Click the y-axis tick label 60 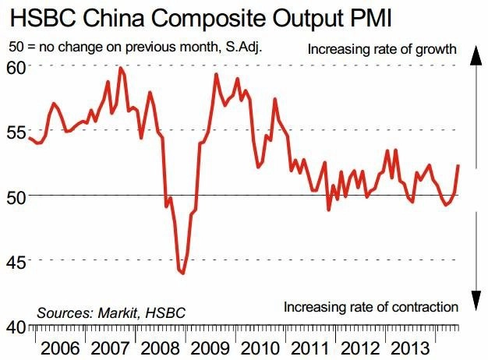coord(16,68)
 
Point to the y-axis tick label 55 coord(16,133)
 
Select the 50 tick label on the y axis coord(16,198)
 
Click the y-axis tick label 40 coord(16,327)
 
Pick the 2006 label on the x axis coord(60,348)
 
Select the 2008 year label coord(160,348)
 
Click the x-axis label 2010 coord(260,348)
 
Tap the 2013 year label coord(410,348)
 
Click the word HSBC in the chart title coord(43,18)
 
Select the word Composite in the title coord(208,19)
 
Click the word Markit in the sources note coord(118,312)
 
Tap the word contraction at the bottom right coord(425,307)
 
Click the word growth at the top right coord(436,50)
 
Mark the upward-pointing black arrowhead coord(476,55)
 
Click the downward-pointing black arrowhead coord(476,301)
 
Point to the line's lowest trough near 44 coord(183,274)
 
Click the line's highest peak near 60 coord(121,68)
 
